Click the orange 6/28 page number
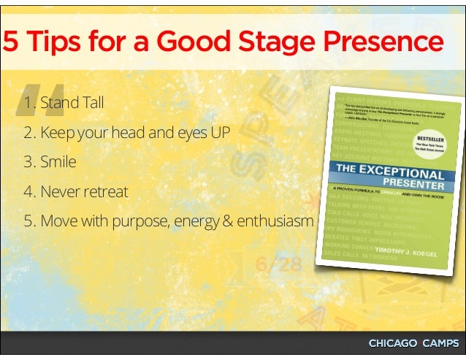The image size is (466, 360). click(278, 264)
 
